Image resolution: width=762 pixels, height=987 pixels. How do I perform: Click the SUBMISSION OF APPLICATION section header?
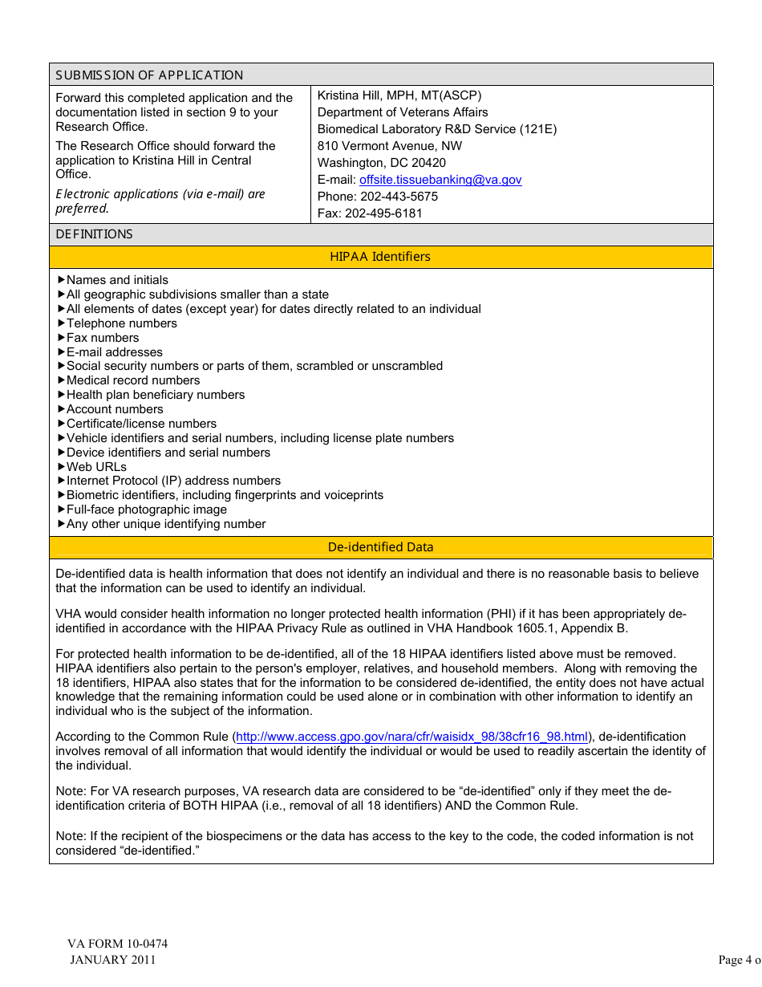[149, 75]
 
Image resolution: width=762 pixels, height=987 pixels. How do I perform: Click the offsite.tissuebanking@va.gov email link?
[440, 180]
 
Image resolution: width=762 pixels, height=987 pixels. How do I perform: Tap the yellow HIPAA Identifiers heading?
[380, 257]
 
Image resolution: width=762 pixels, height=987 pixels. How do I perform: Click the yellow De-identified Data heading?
[380, 547]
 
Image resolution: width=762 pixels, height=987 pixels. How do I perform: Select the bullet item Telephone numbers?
[121, 323]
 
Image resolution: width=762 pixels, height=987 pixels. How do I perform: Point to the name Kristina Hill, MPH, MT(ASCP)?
[399, 95]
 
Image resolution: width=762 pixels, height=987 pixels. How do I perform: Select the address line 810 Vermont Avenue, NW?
[390, 146]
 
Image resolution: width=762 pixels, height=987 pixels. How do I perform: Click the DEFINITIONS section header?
[95, 234]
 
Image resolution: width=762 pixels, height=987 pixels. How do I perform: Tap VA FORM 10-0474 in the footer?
[118, 944]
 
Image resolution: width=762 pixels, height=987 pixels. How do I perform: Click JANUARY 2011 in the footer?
[113, 960]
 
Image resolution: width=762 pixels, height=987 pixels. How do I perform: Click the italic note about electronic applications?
[160, 201]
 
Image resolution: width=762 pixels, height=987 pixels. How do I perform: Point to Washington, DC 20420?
[382, 163]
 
